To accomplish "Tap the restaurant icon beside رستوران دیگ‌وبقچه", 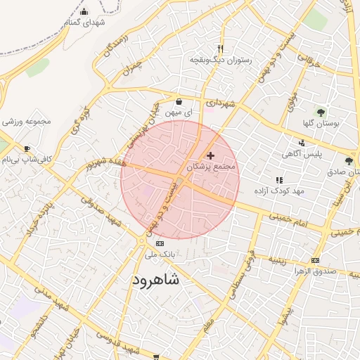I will pos(221,49).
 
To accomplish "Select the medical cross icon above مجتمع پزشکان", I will pos(210,155).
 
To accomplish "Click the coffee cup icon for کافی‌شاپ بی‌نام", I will pos(27,149).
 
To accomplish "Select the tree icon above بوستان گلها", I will pos(321,111).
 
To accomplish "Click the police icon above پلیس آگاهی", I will pos(302,143).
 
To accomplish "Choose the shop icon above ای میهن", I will pos(179,101).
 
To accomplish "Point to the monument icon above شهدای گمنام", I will pos(84,11).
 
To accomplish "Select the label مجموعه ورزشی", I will pos(27,122).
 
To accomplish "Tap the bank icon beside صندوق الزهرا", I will pos(315,259).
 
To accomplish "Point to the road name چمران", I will pos(129,68).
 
